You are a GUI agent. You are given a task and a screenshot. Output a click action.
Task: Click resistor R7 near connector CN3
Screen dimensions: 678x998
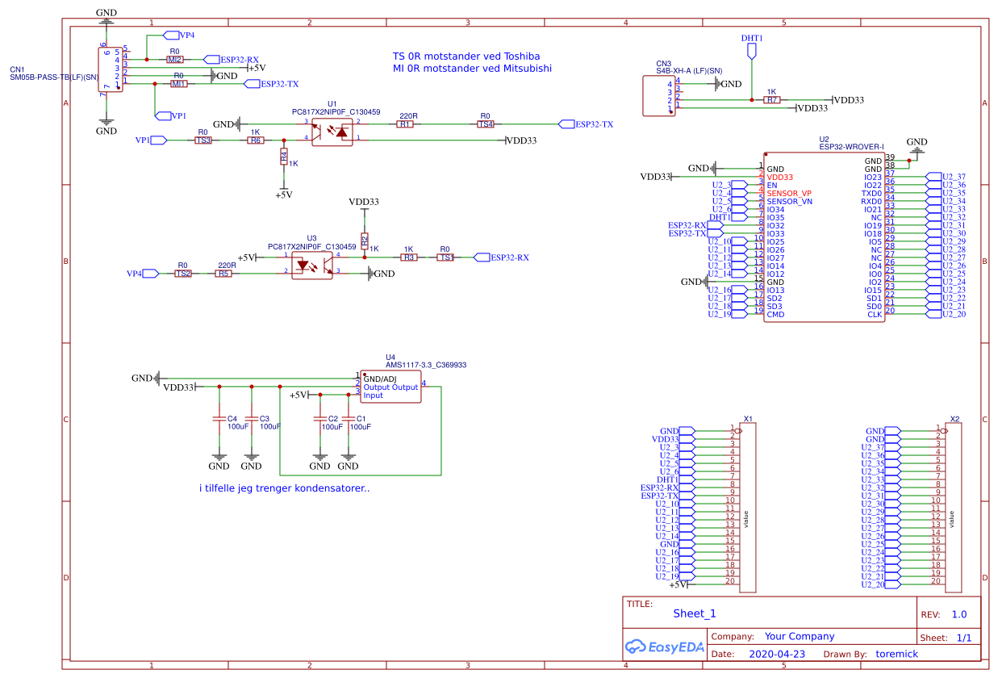(772, 100)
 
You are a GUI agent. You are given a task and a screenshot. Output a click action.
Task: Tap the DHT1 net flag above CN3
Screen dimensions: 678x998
(752, 51)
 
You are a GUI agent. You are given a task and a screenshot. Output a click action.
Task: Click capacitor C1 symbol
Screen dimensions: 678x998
(349, 419)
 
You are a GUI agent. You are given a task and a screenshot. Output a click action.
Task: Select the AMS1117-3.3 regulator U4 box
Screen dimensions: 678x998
(390, 387)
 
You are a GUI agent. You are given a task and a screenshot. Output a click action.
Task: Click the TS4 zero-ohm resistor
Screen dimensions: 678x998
(485, 124)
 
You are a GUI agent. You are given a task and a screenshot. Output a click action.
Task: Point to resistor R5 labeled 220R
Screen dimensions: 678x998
(223, 274)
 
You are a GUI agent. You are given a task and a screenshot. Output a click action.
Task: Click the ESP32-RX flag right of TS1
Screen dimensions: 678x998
(501, 257)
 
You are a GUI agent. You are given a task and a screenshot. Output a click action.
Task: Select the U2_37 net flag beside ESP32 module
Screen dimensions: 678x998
(945, 177)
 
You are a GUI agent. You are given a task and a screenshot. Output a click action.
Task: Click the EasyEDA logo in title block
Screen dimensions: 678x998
(664, 647)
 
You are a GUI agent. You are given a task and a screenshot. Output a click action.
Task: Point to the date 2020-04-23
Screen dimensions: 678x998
(777, 654)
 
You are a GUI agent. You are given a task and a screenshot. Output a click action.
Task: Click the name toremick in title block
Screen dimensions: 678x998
(896, 654)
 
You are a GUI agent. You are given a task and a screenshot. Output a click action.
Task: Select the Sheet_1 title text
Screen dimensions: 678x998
(694, 613)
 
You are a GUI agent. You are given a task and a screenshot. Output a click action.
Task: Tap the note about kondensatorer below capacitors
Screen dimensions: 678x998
(283, 488)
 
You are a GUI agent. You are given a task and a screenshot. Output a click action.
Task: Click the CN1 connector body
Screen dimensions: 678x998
(111, 70)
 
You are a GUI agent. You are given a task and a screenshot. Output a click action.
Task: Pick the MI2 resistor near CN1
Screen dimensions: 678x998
(174, 60)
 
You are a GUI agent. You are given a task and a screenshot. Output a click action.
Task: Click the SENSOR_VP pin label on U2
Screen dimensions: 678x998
(788, 193)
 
